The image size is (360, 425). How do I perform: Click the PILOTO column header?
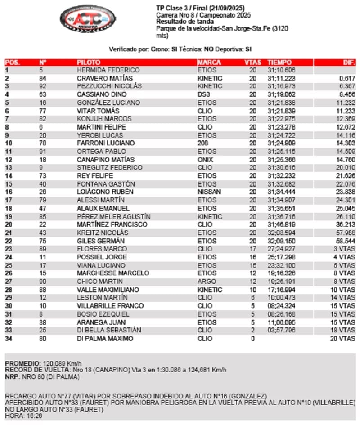point(89,62)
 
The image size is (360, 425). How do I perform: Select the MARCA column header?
point(209,62)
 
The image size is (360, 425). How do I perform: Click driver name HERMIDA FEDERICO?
point(108,70)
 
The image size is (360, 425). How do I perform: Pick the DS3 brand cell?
point(203,94)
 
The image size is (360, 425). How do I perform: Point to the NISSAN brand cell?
point(207,192)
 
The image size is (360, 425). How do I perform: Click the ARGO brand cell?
point(205,282)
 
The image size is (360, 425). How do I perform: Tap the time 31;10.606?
point(281,70)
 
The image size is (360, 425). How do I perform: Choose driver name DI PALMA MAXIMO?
point(105,339)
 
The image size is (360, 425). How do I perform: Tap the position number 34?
point(9,339)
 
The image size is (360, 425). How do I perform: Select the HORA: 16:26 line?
point(22,416)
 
